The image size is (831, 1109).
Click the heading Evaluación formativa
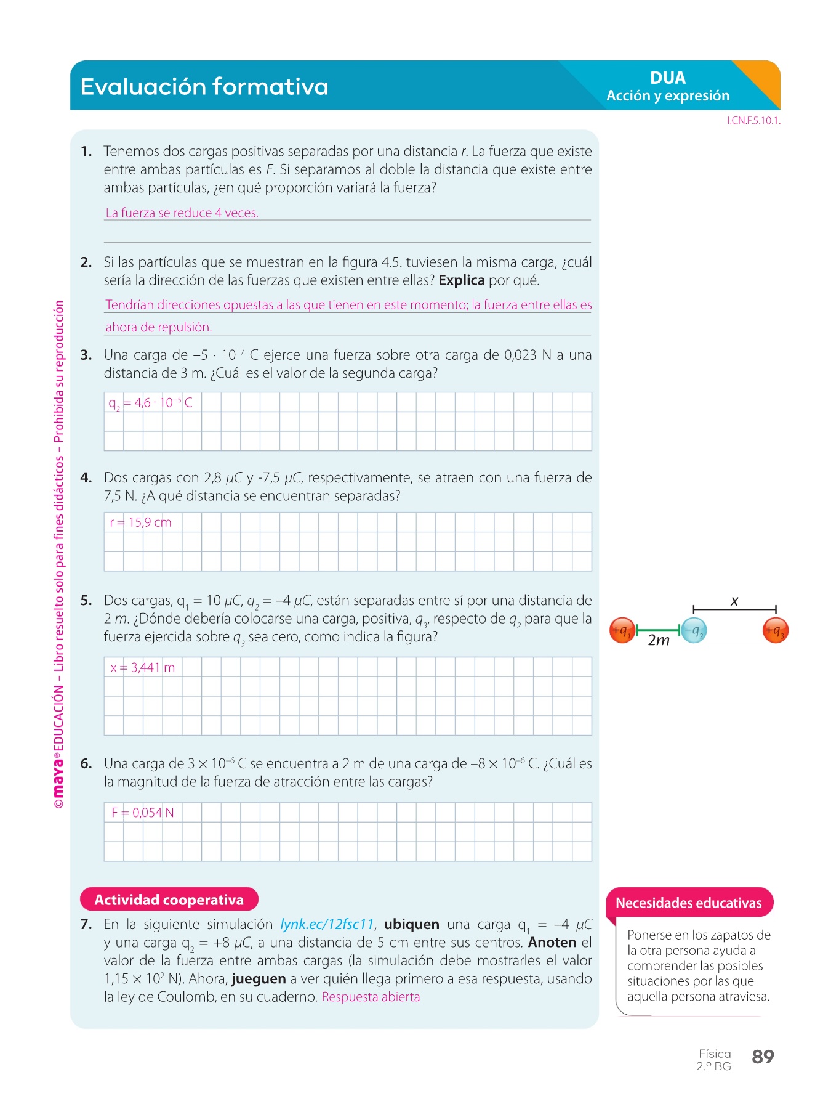pyautogui.click(x=204, y=87)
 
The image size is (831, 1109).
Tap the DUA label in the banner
pyautogui.click(x=668, y=78)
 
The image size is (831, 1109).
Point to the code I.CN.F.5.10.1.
pyautogui.click(x=753, y=121)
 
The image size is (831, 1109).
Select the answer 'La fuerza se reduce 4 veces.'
pyautogui.click(x=182, y=213)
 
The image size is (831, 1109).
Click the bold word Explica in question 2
pyautogui.click(x=462, y=280)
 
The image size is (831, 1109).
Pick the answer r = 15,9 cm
pyautogui.click(x=140, y=522)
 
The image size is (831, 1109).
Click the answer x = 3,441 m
pyautogui.click(x=143, y=667)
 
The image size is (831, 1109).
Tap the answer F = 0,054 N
pyautogui.click(x=143, y=813)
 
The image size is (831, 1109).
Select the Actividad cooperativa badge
pyautogui.click(x=169, y=900)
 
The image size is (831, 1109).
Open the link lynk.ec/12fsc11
pyautogui.click(x=327, y=924)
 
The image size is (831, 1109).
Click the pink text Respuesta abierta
pyautogui.click(x=371, y=997)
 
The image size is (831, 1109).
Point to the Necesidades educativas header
pyautogui.click(x=689, y=903)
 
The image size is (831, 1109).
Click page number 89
pyautogui.click(x=763, y=1057)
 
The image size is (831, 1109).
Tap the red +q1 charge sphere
pyautogui.click(x=622, y=630)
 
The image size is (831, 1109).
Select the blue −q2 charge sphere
pyautogui.click(x=694, y=630)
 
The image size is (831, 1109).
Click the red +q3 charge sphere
pyautogui.click(x=775, y=630)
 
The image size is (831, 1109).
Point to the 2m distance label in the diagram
pyautogui.click(x=659, y=641)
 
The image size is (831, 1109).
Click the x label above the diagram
pyautogui.click(x=734, y=601)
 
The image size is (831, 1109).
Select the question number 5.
pyautogui.click(x=86, y=601)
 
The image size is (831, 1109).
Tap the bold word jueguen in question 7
pyautogui.click(x=259, y=979)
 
